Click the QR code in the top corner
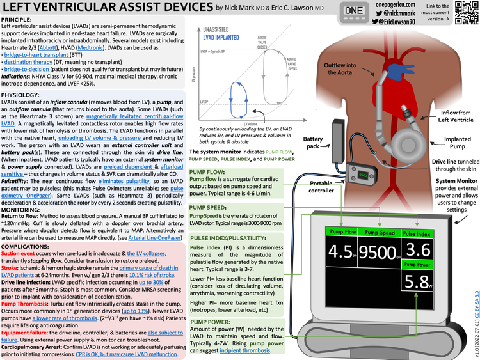(x=465, y=13)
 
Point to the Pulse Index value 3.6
(x=419, y=247)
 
